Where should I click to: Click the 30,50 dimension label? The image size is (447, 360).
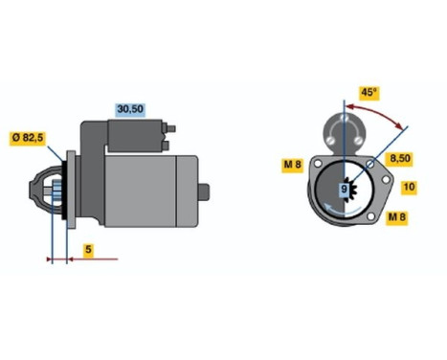point(129,110)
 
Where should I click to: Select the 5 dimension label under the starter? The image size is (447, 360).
point(87,250)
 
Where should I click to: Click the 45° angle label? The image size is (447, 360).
point(369,92)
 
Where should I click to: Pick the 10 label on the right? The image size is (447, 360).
point(410,187)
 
